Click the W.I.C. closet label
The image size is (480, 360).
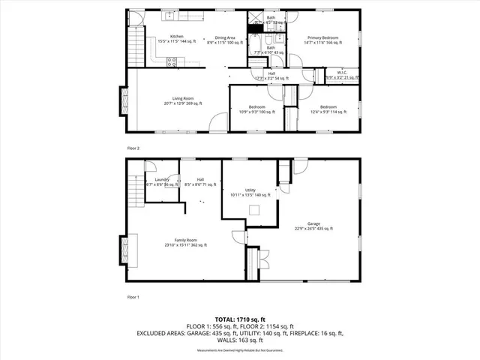click(341, 75)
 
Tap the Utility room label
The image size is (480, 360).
click(250, 193)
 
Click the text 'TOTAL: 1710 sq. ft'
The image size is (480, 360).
click(240, 319)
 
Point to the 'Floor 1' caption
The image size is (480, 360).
click(133, 297)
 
